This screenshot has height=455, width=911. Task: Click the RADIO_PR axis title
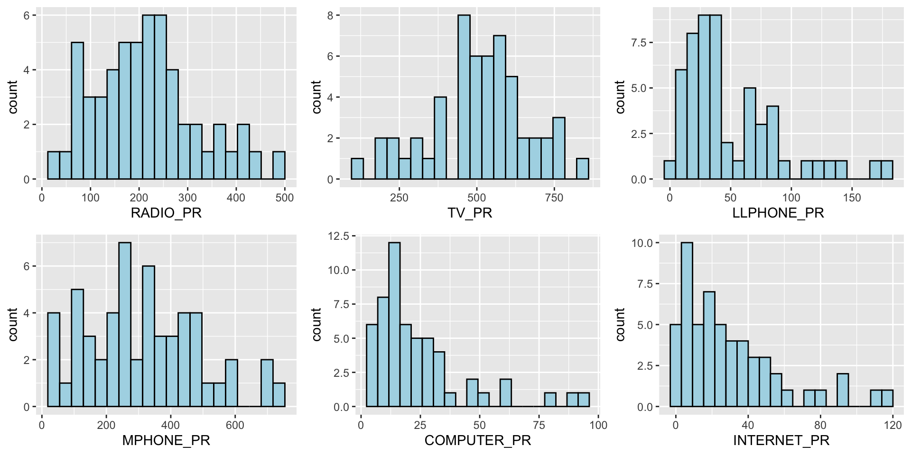tap(166, 213)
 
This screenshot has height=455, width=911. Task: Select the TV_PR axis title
tap(470, 213)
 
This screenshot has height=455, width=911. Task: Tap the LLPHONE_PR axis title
tap(778, 213)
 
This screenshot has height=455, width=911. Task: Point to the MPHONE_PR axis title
tap(166, 441)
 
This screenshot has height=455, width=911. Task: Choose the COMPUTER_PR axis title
tap(478, 441)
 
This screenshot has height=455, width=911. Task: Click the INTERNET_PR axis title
tap(781, 441)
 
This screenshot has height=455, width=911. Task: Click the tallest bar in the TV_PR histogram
tap(464, 97)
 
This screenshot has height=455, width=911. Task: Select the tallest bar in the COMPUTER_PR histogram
tap(394, 325)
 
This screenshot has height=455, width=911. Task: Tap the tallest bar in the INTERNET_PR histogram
tap(687, 325)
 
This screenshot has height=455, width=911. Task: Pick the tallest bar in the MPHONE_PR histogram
tap(125, 325)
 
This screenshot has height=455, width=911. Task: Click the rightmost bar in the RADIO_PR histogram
tap(279, 165)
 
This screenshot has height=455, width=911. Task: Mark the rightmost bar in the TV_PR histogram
tap(583, 169)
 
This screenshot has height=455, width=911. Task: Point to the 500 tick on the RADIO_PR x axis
tap(285, 198)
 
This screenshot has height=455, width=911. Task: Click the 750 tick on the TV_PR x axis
tap(554, 198)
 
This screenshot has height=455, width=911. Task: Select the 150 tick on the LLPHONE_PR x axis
tap(852, 198)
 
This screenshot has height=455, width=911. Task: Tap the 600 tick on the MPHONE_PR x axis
tap(235, 425)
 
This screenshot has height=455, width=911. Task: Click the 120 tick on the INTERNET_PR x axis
tap(892, 425)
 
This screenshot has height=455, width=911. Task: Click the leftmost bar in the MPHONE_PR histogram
tap(54, 360)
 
